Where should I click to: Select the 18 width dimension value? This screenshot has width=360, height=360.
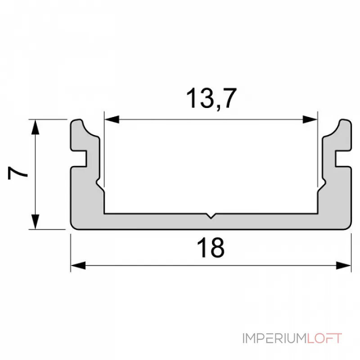tap(211, 248)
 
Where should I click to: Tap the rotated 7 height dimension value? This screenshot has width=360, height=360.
tap(17, 173)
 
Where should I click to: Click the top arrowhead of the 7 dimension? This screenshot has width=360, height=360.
tap(35, 126)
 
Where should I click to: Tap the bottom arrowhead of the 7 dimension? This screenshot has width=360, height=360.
tap(35, 222)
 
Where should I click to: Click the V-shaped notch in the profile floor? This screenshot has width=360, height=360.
tap(211, 216)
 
